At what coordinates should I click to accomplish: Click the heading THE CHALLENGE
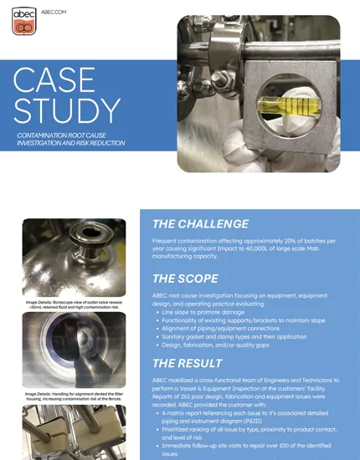click(200, 223)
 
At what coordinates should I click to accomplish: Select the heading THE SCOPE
click(187, 279)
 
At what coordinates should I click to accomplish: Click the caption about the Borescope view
click(75, 304)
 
